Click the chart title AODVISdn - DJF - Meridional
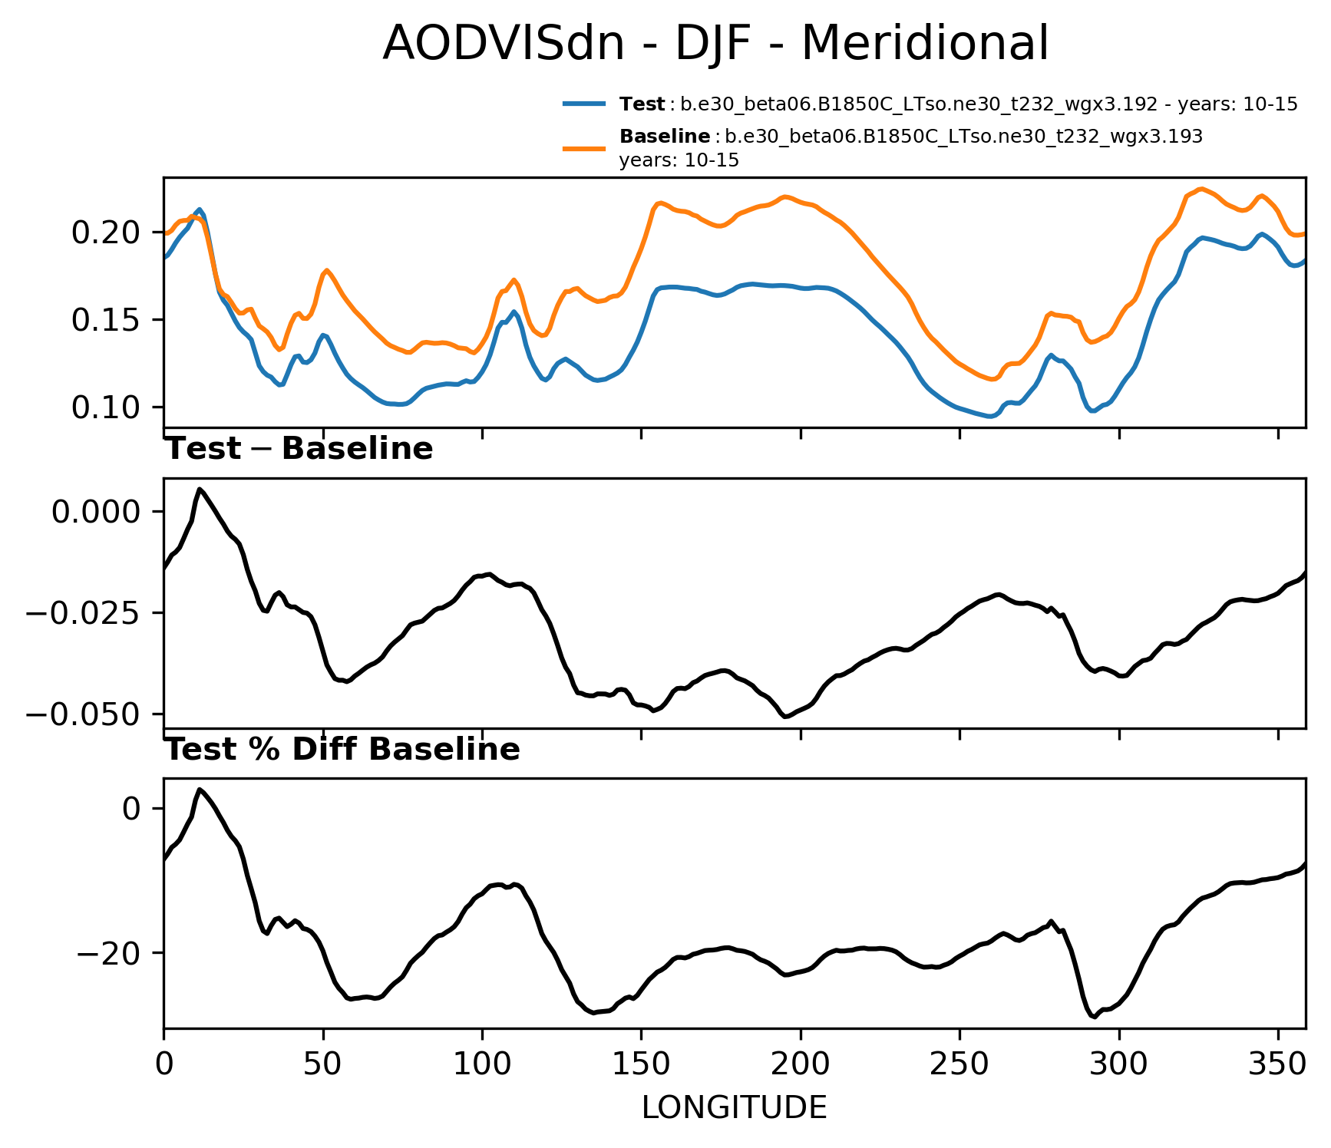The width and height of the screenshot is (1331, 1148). pyautogui.click(x=715, y=43)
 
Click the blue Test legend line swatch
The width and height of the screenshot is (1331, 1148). pyautogui.click(x=585, y=104)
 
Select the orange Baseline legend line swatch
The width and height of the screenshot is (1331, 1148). pyautogui.click(x=585, y=148)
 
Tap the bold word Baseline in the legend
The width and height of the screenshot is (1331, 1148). pyautogui.click(x=665, y=137)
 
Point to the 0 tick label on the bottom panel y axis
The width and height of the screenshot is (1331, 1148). pyautogui.click(x=132, y=808)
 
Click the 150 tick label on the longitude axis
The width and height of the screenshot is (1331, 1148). pyautogui.click(x=641, y=1064)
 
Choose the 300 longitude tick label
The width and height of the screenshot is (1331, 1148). pyautogui.click(x=1119, y=1064)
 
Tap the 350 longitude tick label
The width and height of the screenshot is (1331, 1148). pyautogui.click(x=1278, y=1064)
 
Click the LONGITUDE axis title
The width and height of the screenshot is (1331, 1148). pyautogui.click(x=734, y=1107)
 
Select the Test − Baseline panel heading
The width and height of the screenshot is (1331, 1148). pyautogui.click(x=299, y=449)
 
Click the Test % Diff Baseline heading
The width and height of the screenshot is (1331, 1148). pyautogui.click(x=343, y=750)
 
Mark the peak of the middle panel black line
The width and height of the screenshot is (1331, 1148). pyautogui.click(x=200, y=489)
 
